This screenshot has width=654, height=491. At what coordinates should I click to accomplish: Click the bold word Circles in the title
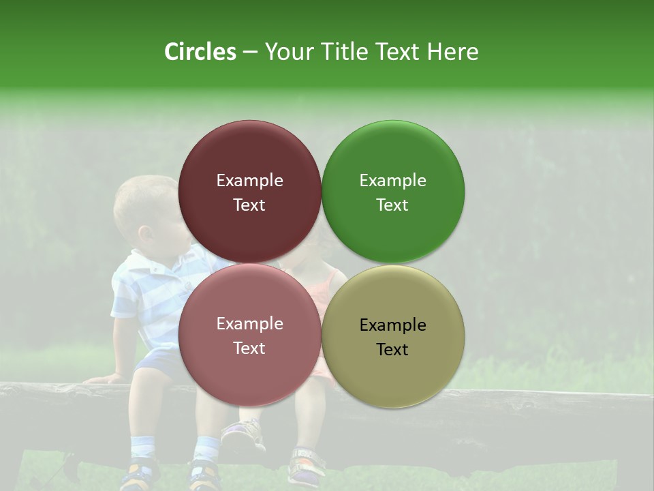click(200, 52)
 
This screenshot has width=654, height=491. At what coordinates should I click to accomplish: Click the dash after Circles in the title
click(250, 53)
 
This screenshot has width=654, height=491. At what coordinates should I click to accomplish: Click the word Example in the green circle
click(393, 181)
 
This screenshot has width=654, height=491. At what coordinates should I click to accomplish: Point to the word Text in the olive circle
click(392, 350)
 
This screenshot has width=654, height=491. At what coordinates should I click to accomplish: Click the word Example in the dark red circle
click(249, 181)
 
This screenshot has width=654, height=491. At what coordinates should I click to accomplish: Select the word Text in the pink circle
click(249, 348)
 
